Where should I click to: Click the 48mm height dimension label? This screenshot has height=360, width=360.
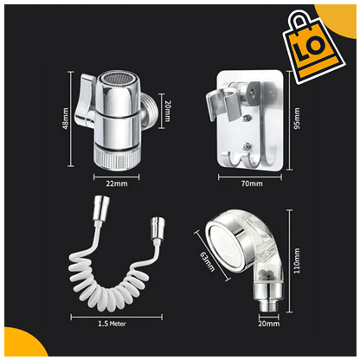coord(66,119)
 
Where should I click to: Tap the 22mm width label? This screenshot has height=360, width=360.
coord(117,183)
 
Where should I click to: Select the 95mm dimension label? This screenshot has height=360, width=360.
coord(297,119)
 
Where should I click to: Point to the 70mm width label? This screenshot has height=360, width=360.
coord(252,183)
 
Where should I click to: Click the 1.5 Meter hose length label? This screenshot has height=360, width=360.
coord(112,324)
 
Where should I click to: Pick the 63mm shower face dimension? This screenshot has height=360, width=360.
coord(208,261)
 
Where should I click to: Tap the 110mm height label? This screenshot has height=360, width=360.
coord(297,260)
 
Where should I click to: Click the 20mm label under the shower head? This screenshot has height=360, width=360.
coord(268,324)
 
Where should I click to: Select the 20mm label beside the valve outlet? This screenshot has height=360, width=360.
coord(168,111)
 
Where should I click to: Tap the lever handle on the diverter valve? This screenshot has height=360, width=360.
coord(85,100)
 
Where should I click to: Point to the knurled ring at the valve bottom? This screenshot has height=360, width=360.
coord(117,157)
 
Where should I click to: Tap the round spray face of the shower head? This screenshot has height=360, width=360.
coord(222,245)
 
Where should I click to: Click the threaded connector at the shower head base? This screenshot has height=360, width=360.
coord(268,306)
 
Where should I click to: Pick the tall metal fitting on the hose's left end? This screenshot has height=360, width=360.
coord(100,207)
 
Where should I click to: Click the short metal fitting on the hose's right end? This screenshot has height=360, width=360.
coord(157,228)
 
